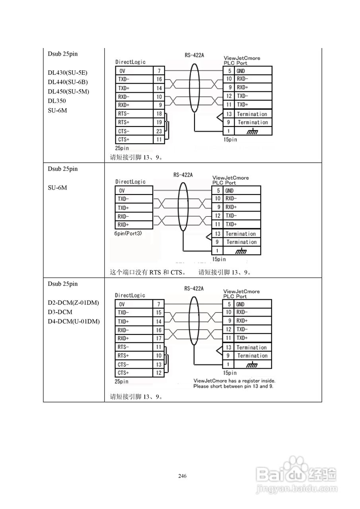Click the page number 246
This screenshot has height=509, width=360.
183,476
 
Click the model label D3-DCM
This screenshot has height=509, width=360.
58,312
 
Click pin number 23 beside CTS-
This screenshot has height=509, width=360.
159,131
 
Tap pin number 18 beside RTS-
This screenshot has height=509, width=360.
159,114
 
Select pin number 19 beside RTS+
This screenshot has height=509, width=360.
159,122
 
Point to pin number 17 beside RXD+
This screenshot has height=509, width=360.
159,338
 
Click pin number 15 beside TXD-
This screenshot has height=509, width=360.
159,313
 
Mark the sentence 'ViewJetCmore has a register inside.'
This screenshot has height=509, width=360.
234,381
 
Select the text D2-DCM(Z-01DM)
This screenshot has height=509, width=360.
73,303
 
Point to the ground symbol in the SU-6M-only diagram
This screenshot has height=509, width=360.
241,251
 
